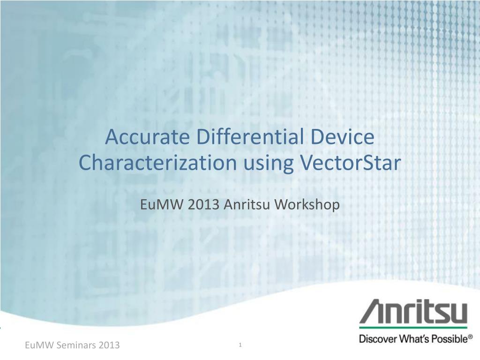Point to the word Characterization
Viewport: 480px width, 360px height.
coord(157,163)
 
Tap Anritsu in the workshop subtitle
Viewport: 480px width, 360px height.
coord(247,204)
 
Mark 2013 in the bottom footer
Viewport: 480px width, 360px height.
coord(109,345)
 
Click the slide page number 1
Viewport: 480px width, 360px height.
coord(240,345)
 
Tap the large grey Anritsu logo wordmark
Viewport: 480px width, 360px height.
coord(413,312)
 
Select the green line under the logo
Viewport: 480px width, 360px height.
coord(413,328)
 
